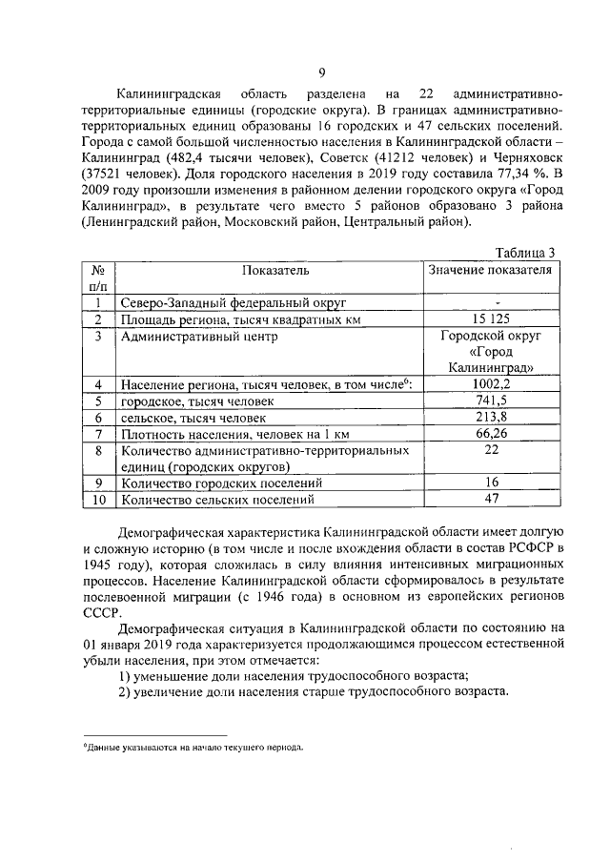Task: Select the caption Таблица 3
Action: [x=526, y=252]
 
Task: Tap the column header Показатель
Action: [x=268, y=270]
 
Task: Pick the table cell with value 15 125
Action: [x=489, y=318]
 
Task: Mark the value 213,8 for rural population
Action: [x=489, y=418]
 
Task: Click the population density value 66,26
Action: [x=489, y=434]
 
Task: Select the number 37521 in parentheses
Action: [x=110, y=175]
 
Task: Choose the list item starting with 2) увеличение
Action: [x=314, y=691]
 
